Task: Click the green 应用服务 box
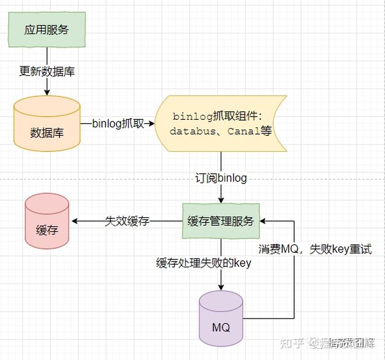point(47,29)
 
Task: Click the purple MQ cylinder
point(221,319)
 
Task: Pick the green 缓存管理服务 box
point(221,221)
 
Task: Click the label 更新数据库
point(47,71)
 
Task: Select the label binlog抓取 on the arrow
point(118,124)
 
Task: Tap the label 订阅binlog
point(221,178)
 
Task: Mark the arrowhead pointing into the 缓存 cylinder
point(75,221)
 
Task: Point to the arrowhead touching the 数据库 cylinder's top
point(47,93)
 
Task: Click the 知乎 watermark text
point(292,342)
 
